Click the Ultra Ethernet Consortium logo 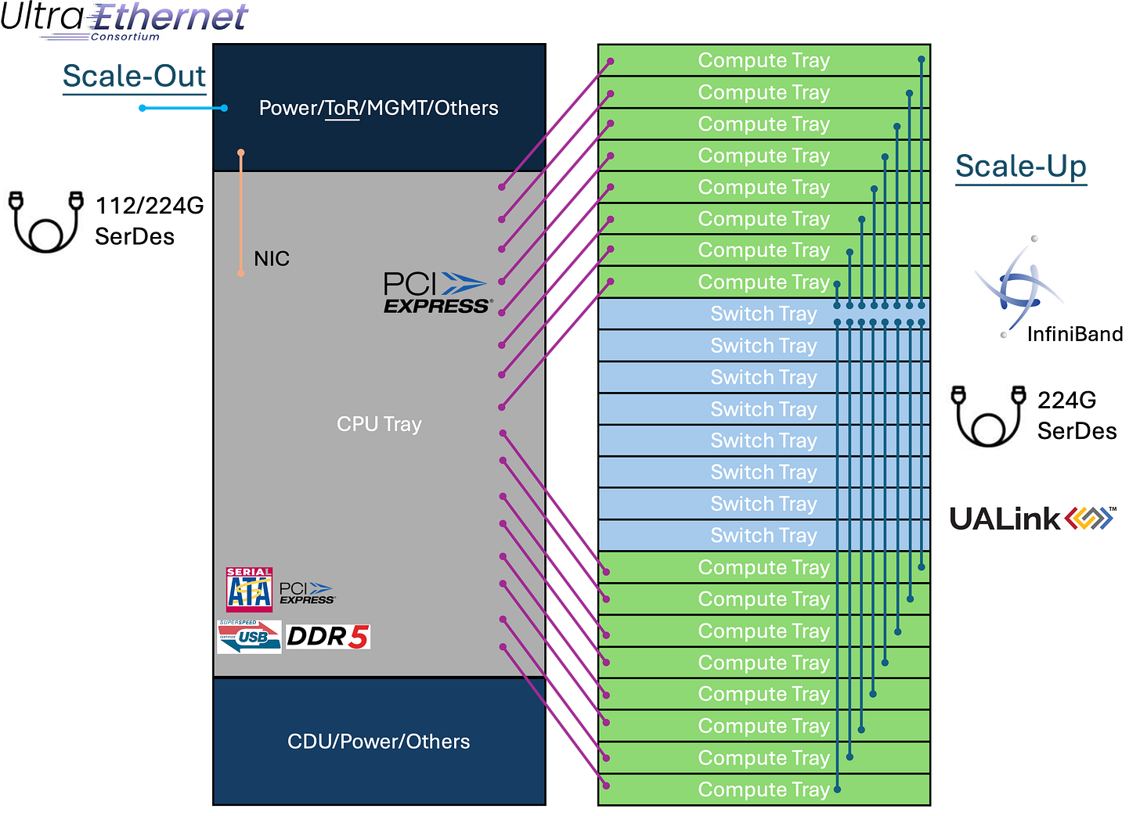(x=125, y=20)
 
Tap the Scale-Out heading (x=135, y=76)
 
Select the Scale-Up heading (x=1021, y=167)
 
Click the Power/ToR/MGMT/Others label (x=378, y=108)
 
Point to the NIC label (x=272, y=259)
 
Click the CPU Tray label (x=379, y=424)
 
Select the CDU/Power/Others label (x=378, y=742)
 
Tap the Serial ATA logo (x=249, y=589)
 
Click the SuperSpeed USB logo (x=249, y=637)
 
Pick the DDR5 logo (x=327, y=637)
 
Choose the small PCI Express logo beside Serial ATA (x=307, y=593)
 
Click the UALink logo (x=1032, y=517)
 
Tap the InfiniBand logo (x=1020, y=286)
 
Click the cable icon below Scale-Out (x=45, y=219)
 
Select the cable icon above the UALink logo (x=987, y=413)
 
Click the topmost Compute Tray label (x=763, y=60)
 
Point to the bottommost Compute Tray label (x=763, y=789)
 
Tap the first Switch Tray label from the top (x=763, y=314)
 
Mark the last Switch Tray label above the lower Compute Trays (x=763, y=535)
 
